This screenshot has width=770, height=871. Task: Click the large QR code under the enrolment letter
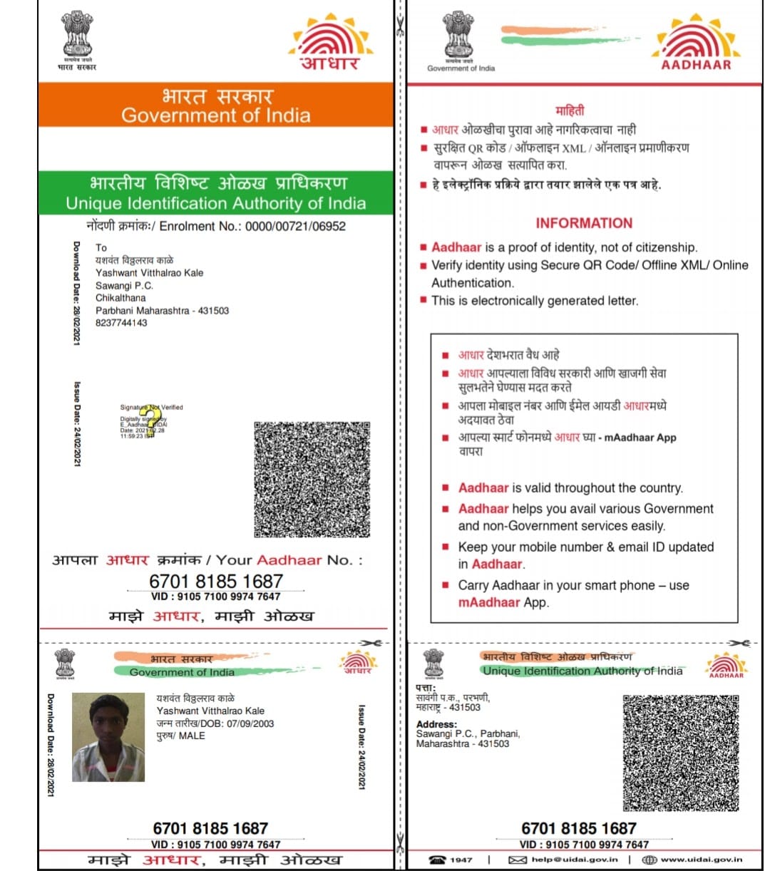[312, 479]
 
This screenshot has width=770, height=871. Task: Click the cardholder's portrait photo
[108, 738]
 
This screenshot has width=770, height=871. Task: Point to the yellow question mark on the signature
[149, 419]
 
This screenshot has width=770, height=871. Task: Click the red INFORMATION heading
[584, 223]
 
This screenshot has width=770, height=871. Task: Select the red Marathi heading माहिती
[570, 110]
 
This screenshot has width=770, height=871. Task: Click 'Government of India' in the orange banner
[215, 115]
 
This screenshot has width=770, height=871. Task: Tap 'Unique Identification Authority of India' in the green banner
[215, 203]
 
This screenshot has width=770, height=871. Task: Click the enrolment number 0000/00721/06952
[295, 226]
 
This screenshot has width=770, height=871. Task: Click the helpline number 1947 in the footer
[461, 860]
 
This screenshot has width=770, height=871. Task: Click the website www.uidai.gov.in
[702, 860]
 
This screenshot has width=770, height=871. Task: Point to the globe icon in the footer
[649, 860]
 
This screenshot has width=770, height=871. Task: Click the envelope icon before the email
[517, 860]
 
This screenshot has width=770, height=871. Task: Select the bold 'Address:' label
[436, 724]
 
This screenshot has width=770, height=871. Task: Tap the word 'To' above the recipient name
[101, 247]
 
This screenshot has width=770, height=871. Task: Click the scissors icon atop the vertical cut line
[400, 29]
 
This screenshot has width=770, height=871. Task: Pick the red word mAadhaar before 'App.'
[489, 602]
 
